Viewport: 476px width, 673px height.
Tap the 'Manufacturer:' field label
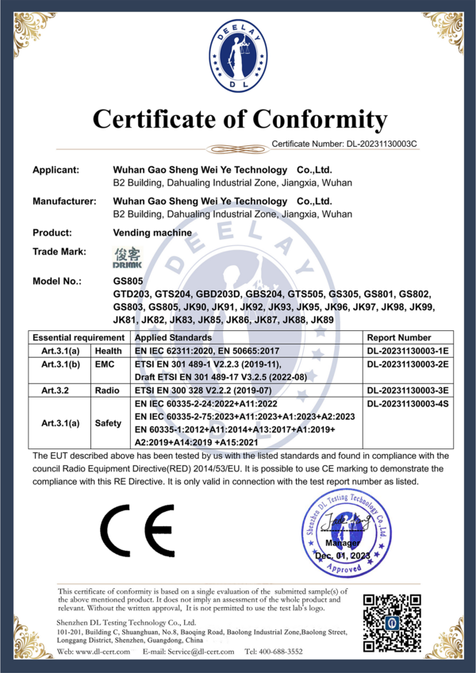[x=63, y=202]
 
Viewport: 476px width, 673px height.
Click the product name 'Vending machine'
[x=152, y=233]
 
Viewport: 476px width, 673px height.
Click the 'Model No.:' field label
[x=58, y=282]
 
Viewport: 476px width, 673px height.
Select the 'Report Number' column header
[x=400, y=337]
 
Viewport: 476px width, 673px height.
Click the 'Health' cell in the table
[x=108, y=351]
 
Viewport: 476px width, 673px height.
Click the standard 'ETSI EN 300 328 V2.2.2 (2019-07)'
[x=204, y=390]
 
